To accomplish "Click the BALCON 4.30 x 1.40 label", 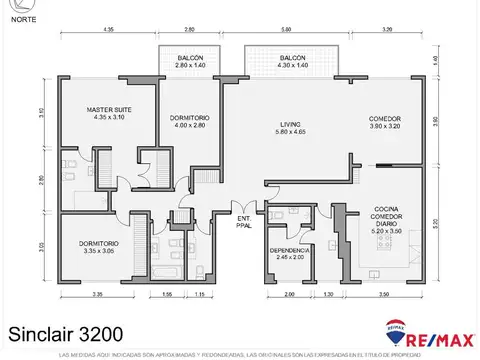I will pyautogui.click(x=292, y=59).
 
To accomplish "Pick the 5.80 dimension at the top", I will pyautogui.click(x=287, y=31).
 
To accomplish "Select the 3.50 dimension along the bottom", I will pyautogui.click(x=384, y=294).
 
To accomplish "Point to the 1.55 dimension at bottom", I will pyautogui.click(x=166, y=294).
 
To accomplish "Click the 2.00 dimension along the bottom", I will pyautogui.click(x=290, y=294).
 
